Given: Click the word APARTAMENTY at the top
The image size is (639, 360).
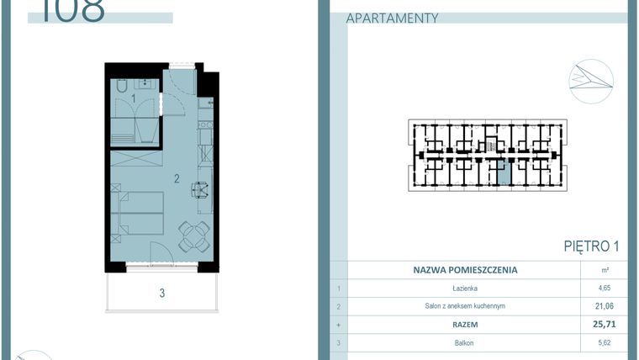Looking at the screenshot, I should point(392,18).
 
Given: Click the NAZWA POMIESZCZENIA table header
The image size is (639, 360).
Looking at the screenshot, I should point(465,271).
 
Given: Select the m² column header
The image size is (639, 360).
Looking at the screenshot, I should point(605,271).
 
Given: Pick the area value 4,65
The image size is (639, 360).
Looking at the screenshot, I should point(605,289).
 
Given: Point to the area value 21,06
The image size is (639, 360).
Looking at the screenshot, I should point(605,306).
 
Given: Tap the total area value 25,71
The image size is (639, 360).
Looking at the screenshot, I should point(605,323).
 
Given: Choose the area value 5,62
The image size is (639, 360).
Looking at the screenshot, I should point(605,341).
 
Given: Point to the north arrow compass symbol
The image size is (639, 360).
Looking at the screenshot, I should point(590,81).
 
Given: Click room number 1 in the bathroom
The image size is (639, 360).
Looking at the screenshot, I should point(134,99).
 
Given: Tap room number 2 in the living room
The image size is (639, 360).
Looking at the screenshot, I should point(177,178).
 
